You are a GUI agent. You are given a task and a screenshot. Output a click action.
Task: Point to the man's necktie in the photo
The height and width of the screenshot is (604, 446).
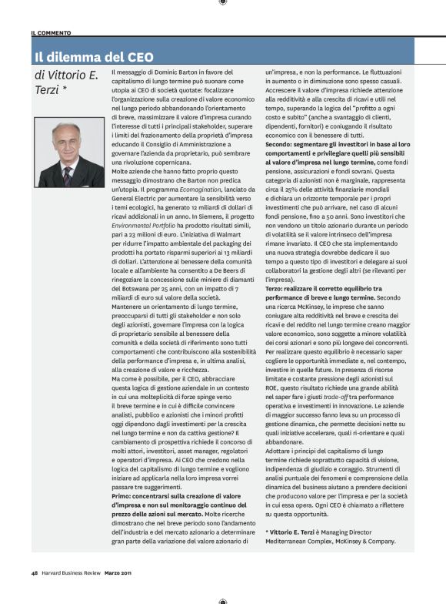pos(68,177)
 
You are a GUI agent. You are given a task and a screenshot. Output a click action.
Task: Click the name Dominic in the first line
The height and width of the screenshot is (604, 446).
pos(157,72)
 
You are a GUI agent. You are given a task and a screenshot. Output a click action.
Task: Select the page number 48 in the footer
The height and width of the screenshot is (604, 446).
pos(35,572)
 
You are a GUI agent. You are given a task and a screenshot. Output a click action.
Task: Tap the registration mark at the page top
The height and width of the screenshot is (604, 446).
pos(223,4)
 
